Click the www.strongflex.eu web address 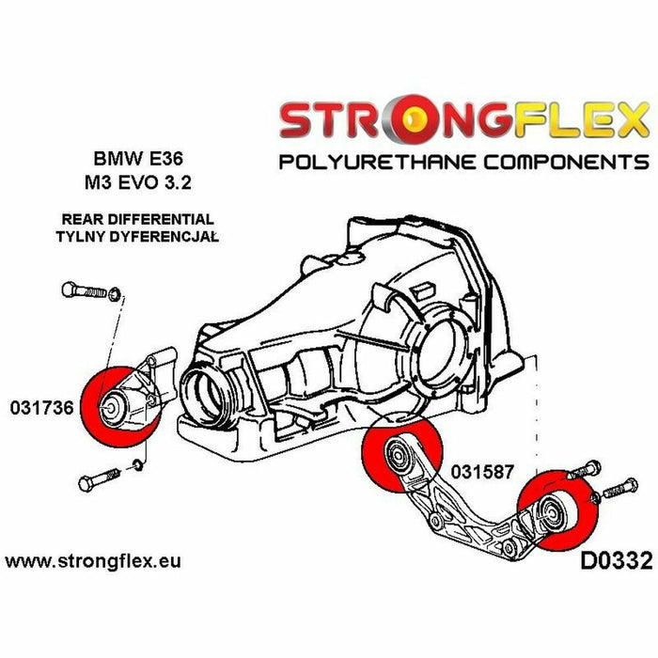coord(93,562)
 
